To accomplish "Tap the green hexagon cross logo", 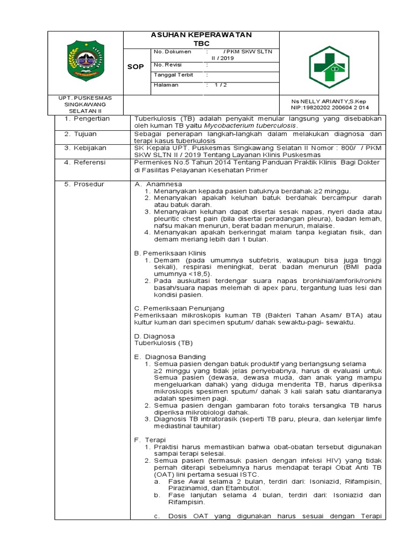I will [329, 66].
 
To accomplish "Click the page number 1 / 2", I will [221, 85].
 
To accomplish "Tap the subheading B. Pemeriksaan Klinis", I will [169, 253].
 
